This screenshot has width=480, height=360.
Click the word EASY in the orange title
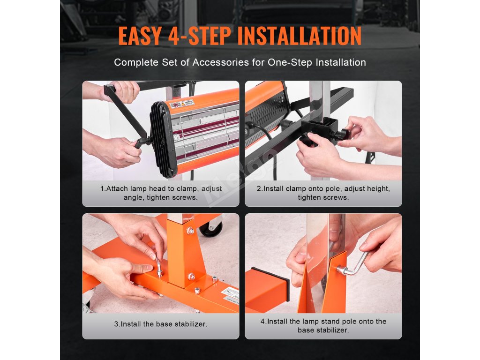140,36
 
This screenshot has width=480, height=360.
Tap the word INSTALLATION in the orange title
300,36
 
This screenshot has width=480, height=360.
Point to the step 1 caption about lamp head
161,193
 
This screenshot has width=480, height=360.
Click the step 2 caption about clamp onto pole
323,193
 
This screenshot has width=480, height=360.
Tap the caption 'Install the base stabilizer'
161,324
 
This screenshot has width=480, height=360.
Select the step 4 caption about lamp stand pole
323,326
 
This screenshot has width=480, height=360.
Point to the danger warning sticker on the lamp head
182,104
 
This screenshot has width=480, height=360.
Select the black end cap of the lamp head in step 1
163,139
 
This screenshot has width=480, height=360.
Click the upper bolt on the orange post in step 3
190,230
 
